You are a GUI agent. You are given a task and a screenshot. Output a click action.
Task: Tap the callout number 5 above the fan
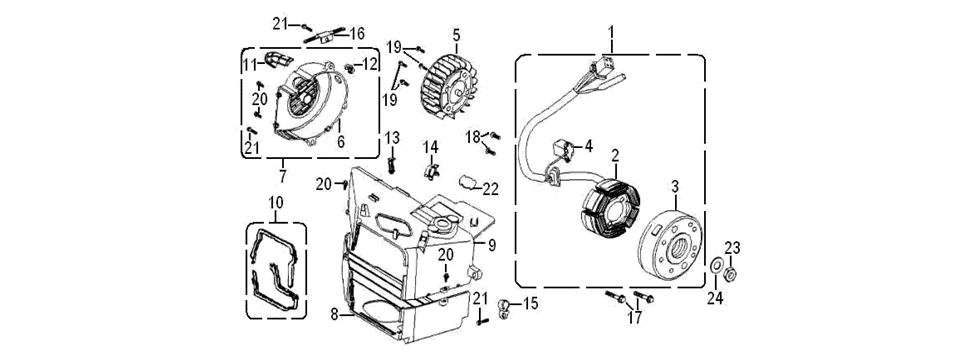456,33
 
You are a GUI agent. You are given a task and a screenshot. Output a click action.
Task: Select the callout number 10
276,203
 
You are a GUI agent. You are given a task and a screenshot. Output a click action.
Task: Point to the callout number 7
281,178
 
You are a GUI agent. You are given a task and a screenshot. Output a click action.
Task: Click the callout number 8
333,314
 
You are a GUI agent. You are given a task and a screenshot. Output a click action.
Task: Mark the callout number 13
392,136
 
